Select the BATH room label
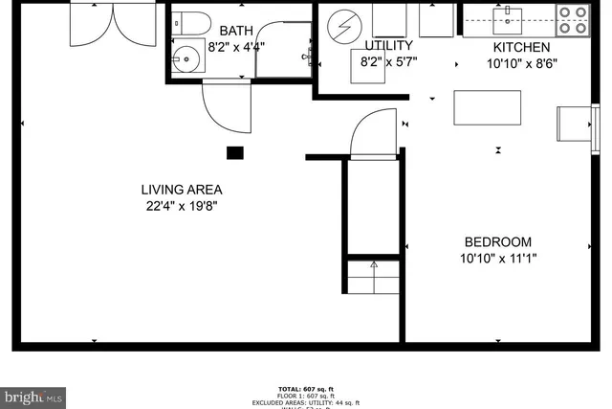(x=235, y=31)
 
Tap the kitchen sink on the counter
(x=504, y=17)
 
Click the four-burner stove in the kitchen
(x=572, y=20)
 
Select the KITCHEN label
(x=521, y=48)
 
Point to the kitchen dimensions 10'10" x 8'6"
(x=521, y=64)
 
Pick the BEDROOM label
(x=498, y=242)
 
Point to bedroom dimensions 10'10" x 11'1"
(x=498, y=259)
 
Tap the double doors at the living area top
(x=112, y=24)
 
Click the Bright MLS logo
(x=33, y=395)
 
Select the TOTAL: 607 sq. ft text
(x=306, y=388)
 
